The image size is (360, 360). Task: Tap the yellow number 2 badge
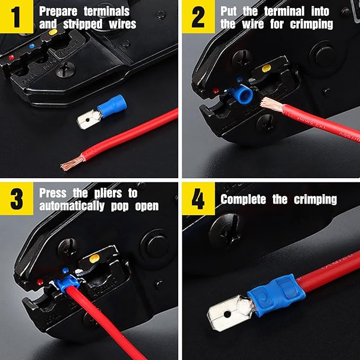click(x=198, y=16)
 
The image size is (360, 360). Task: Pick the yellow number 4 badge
click(x=198, y=199)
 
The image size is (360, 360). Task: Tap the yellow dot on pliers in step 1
click(x=52, y=33)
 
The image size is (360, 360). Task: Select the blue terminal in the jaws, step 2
click(x=244, y=95)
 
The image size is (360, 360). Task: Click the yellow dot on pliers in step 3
click(x=94, y=259)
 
